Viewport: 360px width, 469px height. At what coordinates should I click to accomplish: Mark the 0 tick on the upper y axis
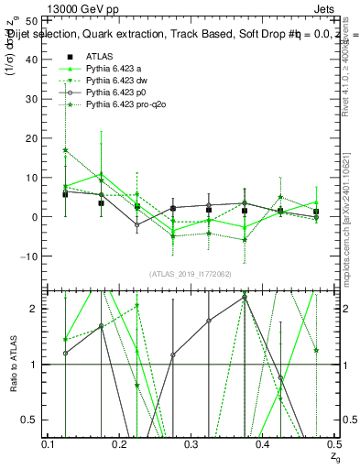point(36,217)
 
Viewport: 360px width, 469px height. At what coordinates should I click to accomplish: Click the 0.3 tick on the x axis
point(191,444)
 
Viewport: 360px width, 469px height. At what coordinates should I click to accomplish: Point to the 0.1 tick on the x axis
point(48,444)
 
